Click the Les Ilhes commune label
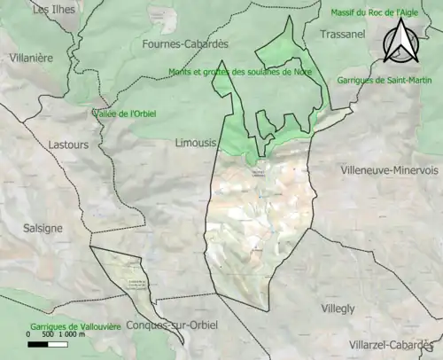tap(53, 10)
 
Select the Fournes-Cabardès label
tap(183, 43)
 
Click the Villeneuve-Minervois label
tap(389, 169)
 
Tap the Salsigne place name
tap(43, 228)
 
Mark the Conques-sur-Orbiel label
tap(172, 325)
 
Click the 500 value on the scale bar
tap(48, 335)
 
